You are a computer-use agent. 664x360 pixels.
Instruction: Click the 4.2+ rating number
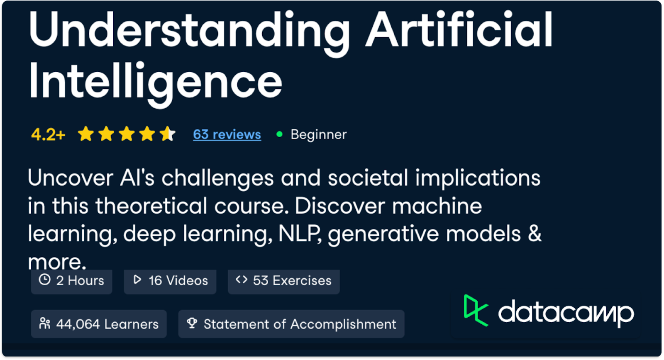(48, 135)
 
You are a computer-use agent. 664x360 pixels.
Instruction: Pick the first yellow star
(86, 134)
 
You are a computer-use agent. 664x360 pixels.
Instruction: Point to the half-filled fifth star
(168, 134)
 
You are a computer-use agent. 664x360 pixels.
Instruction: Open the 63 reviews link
(227, 134)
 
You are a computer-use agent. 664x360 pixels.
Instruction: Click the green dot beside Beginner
(279, 134)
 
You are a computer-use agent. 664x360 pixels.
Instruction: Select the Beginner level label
(318, 134)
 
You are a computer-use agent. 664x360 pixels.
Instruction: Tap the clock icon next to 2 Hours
(44, 280)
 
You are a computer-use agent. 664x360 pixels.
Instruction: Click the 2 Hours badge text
(80, 281)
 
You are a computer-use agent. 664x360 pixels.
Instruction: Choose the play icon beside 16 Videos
(137, 280)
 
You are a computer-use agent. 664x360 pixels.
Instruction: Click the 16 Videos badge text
(178, 281)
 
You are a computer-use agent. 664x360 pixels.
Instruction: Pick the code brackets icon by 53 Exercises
(242, 280)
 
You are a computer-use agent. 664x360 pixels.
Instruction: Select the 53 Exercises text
(292, 281)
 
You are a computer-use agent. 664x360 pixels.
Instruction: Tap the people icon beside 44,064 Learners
(44, 324)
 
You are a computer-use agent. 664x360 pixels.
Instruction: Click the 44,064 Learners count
(107, 324)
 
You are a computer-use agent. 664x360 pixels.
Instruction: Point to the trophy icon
(192, 323)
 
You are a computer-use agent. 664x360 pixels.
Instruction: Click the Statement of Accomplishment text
(300, 324)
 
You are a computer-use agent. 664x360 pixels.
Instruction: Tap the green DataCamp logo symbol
(475, 310)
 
